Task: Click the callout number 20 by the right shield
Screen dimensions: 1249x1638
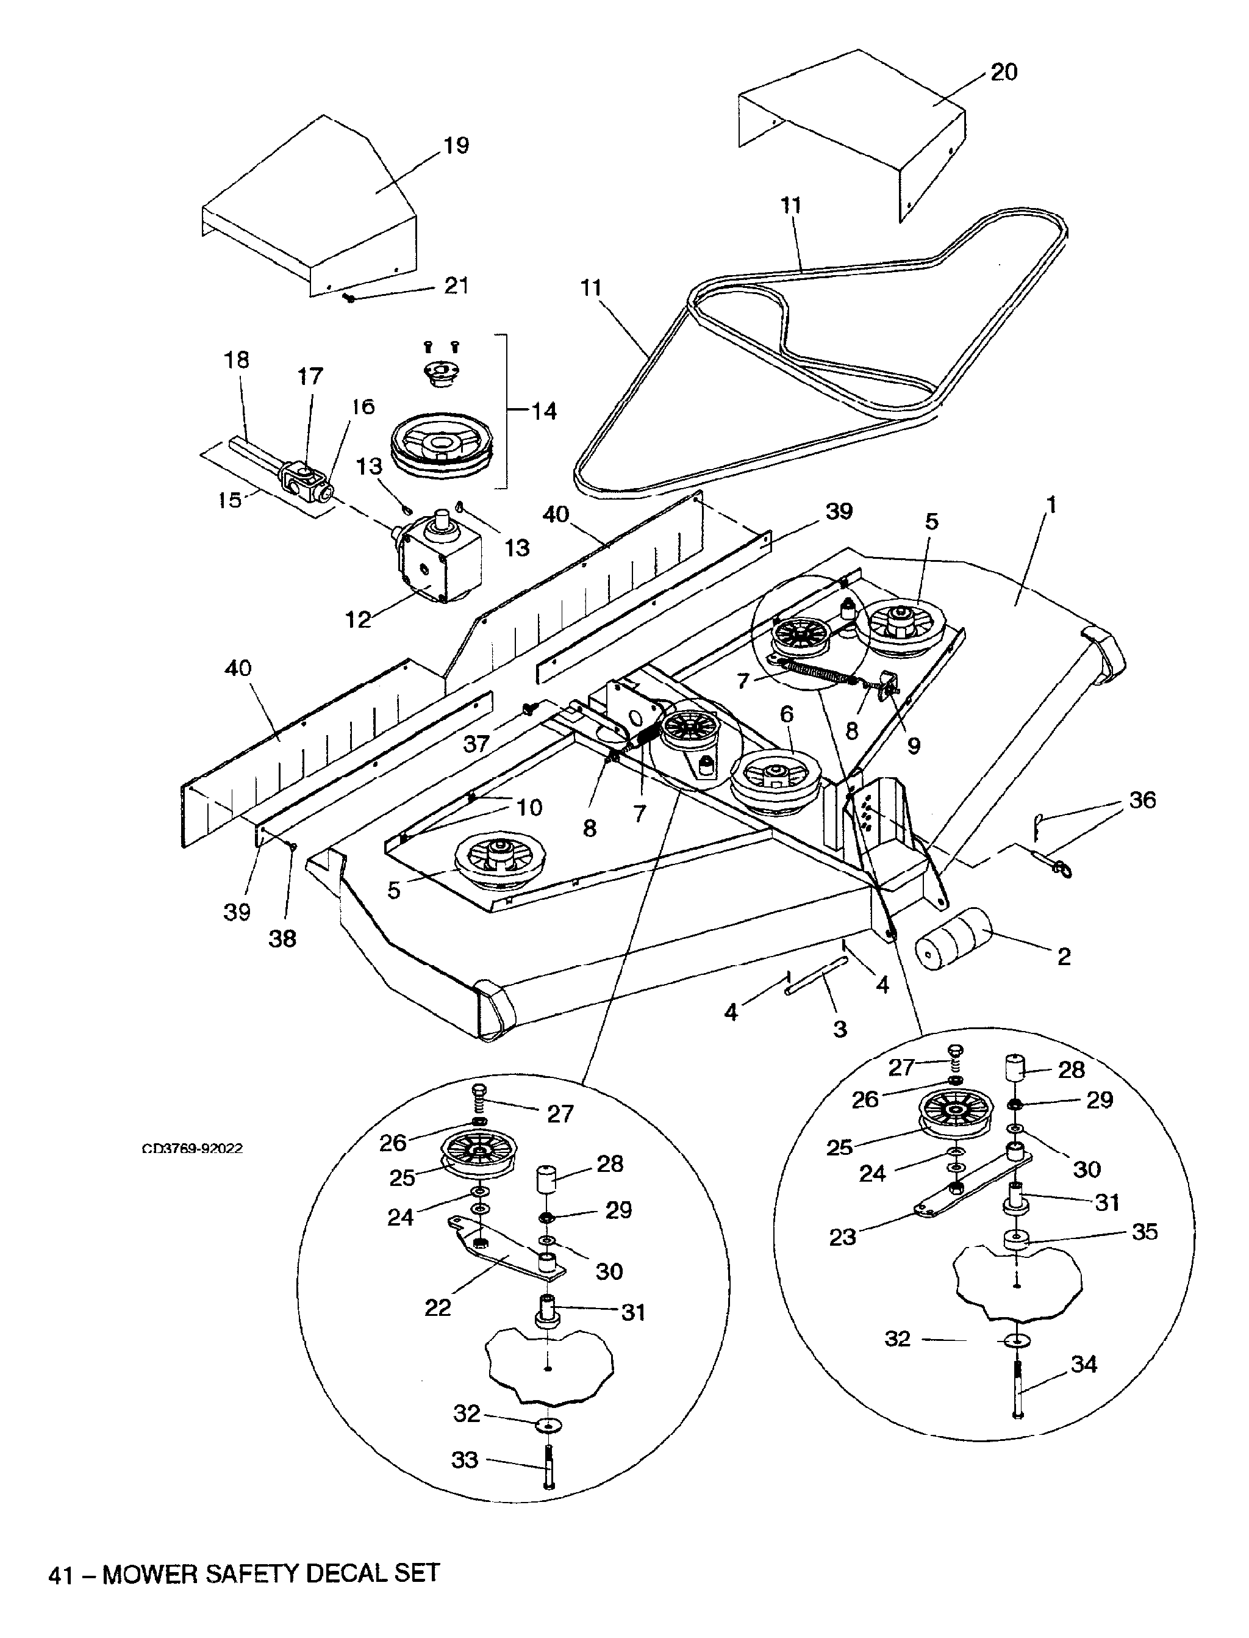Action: (1004, 73)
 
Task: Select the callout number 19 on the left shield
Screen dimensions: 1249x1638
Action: (456, 145)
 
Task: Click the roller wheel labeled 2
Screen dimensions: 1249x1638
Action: (954, 940)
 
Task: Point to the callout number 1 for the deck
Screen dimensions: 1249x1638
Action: (1051, 505)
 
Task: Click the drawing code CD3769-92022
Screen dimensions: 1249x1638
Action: (193, 1149)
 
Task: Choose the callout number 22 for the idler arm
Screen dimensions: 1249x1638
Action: (438, 1307)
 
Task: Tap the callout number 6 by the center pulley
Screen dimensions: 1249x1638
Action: (787, 714)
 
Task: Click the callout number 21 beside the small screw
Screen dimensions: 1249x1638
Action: (456, 286)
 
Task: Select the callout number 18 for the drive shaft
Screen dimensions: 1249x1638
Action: (237, 360)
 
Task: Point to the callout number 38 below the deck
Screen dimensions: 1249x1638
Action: (282, 938)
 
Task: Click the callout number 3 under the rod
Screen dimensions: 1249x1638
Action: (840, 1029)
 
